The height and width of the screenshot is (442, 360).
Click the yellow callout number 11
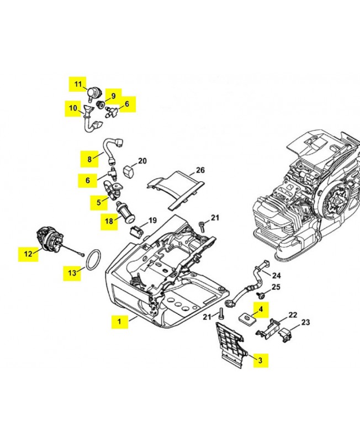78,85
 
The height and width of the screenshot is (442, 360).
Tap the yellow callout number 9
113,95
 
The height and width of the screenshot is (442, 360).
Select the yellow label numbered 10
73,108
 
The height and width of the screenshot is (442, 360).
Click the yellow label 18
109,222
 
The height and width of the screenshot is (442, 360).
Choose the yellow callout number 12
28,254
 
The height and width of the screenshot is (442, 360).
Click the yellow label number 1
118,320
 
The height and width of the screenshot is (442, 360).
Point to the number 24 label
277,275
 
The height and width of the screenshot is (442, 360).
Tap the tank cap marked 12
48,240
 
